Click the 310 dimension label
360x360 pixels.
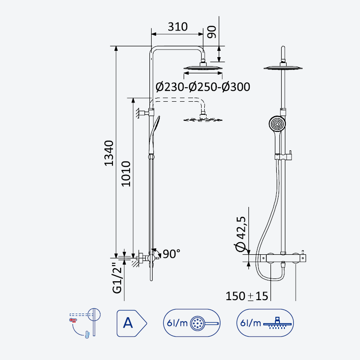[177, 27]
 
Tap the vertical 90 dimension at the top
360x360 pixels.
[211, 32]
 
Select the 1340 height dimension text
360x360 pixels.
[109, 153]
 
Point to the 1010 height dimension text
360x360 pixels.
[126, 174]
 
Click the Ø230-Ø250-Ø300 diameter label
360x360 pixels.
[203, 87]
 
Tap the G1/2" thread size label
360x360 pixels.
[117, 279]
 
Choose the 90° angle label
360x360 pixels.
[171, 254]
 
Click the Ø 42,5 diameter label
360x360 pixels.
[240, 234]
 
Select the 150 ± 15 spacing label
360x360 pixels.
[247, 296]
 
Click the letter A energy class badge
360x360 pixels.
[131, 323]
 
